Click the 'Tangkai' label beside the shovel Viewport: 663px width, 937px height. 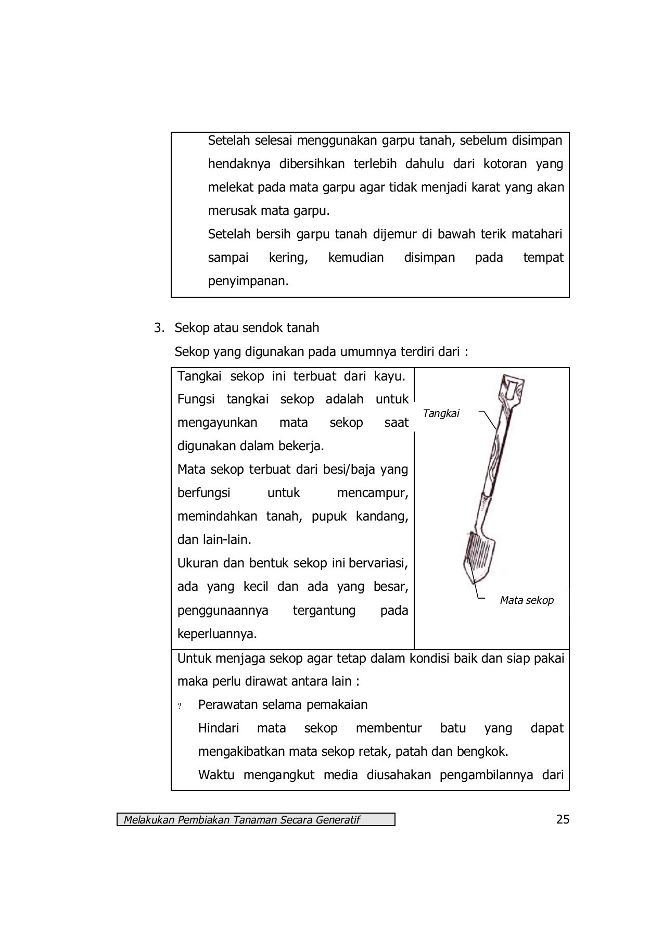[441, 413]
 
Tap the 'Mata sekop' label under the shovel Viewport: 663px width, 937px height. [526, 600]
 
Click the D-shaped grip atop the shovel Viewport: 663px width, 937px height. [512, 388]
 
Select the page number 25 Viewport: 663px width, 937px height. [563, 819]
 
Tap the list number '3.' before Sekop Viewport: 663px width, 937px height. [159, 328]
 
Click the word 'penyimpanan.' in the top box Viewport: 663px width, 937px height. [248, 281]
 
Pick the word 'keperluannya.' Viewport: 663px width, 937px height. [217, 634]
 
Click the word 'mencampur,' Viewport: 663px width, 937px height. [372, 493]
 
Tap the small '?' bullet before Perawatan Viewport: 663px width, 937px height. [180, 707]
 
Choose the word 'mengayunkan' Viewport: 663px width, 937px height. [217, 423]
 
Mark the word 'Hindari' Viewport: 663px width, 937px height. [219, 728]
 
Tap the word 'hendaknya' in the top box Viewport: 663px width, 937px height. [239, 164]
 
